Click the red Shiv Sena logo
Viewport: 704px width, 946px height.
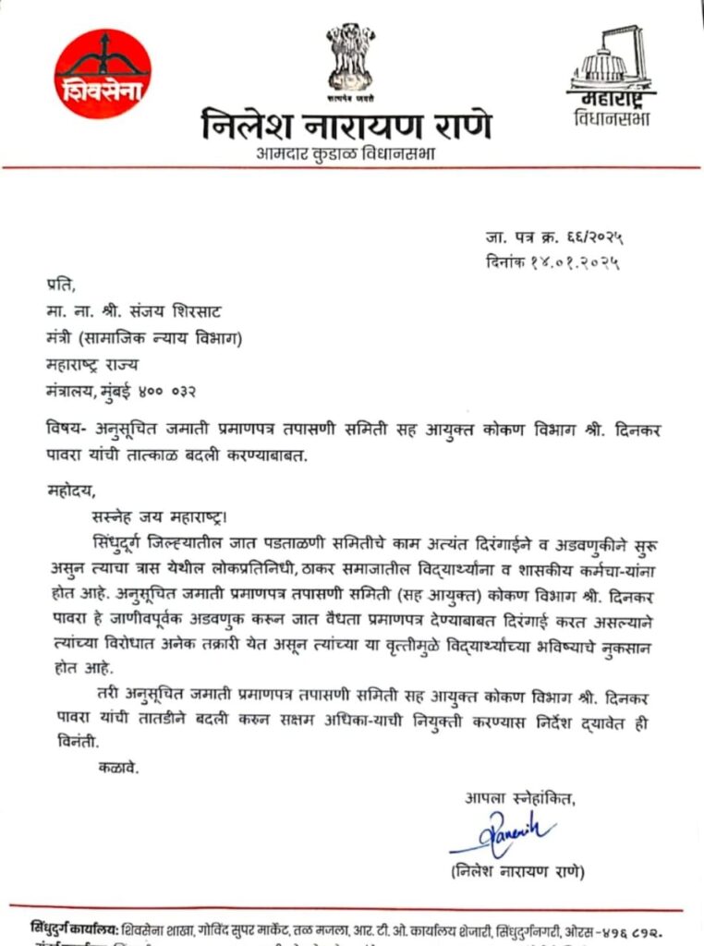[103, 73]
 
